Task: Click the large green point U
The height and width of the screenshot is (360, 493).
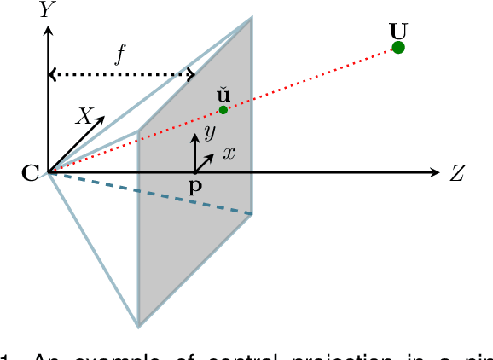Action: click(x=397, y=47)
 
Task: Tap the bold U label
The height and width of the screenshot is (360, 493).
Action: click(x=397, y=28)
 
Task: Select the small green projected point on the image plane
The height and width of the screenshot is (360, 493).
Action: click(x=223, y=109)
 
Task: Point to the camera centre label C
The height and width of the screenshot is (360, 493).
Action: click(x=30, y=173)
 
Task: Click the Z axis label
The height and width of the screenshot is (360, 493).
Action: click(x=457, y=173)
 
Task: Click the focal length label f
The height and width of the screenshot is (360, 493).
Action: click(x=121, y=56)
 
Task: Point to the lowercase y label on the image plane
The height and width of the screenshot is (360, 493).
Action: click(x=208, y=132)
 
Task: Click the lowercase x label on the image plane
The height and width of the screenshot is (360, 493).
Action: click(x=229, y=154)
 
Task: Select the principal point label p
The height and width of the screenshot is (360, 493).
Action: click(x=195, y=187)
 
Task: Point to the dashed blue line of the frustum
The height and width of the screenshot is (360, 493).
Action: click(x=154, y=194)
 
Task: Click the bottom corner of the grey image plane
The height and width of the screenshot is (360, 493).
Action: click(x=139, y=325)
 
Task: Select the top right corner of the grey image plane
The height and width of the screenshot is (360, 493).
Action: click(x=251, y=17)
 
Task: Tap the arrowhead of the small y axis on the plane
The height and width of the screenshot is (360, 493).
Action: click(x=196, y=135)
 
